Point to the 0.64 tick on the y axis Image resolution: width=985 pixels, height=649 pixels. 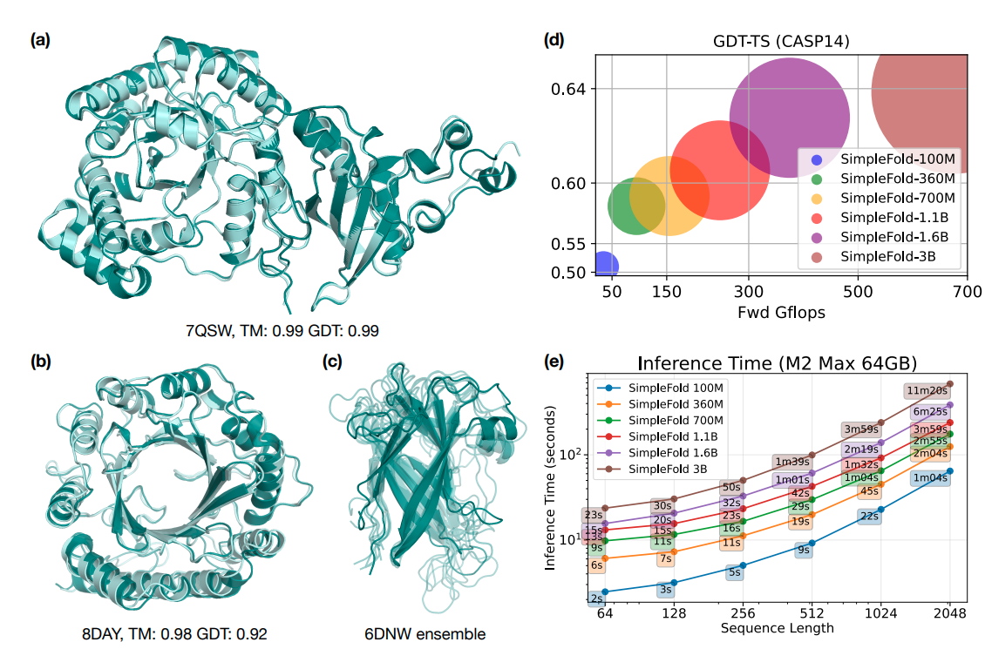click(x=570, y=89)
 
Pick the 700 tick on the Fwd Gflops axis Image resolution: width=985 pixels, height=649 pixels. click(x=967, y=290)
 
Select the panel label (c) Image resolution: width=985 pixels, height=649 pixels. click(x=331, y=361)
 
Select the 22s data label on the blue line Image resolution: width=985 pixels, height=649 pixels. click(x=868, y=516)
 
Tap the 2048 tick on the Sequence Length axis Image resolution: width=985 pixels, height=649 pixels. click(x=948, y=614)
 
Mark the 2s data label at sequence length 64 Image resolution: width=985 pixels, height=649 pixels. click(x=597, y=598)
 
